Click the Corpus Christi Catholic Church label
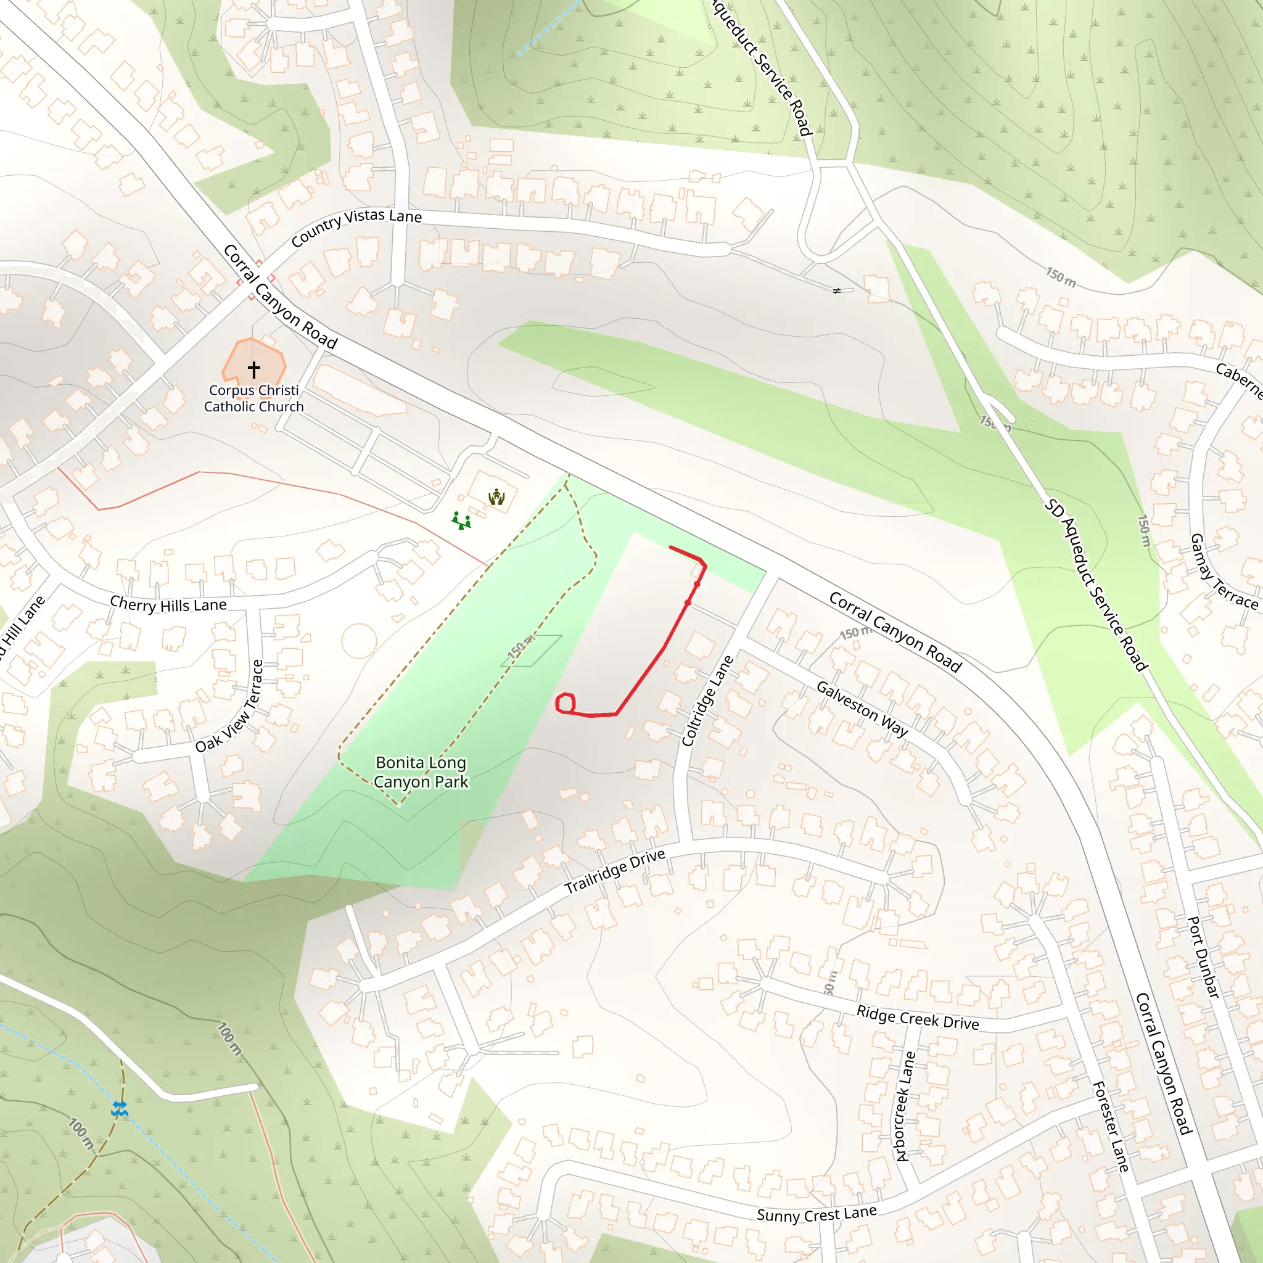253,398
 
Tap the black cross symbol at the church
253,369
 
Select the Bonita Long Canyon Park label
421,772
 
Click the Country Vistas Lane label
356,226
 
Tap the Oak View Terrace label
229,706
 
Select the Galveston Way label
862,709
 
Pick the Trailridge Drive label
614,871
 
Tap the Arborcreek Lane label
903,1106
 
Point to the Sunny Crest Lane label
817,1214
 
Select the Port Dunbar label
1203,957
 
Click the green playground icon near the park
461,521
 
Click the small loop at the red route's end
565,704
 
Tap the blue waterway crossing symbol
119,1109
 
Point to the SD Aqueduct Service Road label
1095,585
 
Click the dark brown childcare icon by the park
497,498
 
